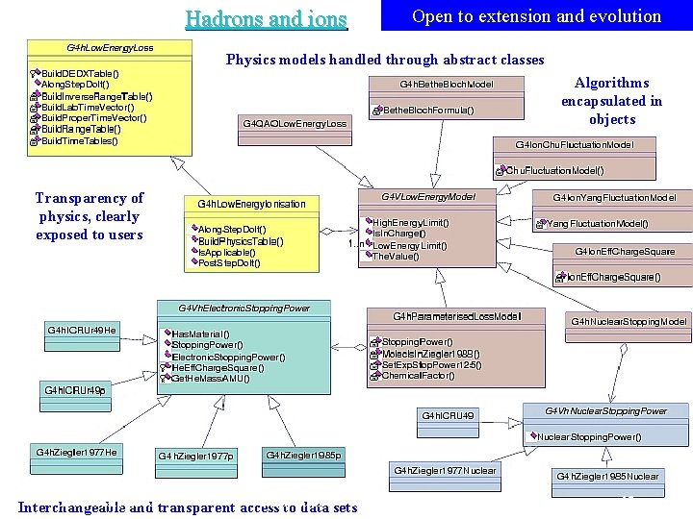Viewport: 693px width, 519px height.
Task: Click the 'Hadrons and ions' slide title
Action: [x=266, y=18]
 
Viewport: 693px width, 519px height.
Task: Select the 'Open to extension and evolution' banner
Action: [x=536, y=16]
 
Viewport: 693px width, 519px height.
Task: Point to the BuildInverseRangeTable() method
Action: [x=96, y=96]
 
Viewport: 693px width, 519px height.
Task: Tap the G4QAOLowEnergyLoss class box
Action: [x=294, y=123]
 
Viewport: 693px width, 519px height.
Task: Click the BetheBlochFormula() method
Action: [x=428, y=111]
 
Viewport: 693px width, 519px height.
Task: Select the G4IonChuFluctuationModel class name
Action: [x=574, y=145]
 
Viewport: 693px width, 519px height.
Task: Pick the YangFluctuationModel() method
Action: [x=597, y=223]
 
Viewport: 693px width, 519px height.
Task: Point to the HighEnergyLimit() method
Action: [x=410, y=223]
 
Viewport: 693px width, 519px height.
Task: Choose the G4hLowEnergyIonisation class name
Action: [x=251, y=204]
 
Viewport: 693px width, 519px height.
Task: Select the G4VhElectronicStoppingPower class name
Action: [x=244, y=309]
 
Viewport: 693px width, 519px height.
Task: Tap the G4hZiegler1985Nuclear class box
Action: [x=608, y=476]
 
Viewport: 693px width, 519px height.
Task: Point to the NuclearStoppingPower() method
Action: [x=589, y=437]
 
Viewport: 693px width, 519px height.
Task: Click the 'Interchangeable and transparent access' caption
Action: [x=188, y=507]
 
